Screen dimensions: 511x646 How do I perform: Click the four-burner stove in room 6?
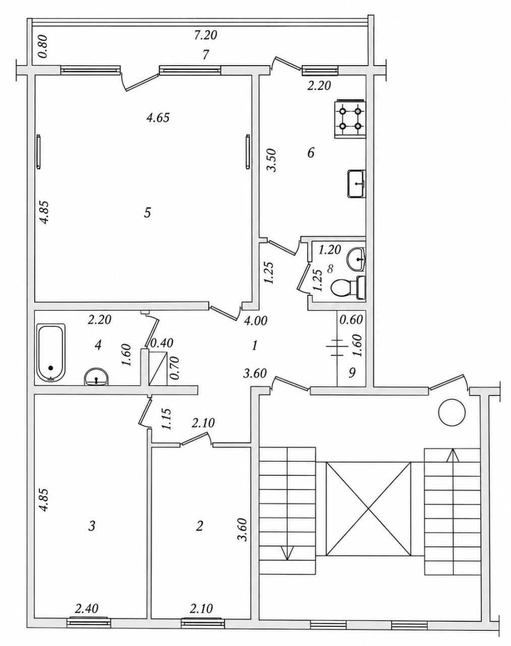coord(350,119)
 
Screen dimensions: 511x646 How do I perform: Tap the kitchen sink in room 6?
coord(357,183)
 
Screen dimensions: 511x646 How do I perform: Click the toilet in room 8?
coord(348,288)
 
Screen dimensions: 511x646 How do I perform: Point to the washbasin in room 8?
coord(356,258)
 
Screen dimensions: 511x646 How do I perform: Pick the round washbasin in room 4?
coord(96,377)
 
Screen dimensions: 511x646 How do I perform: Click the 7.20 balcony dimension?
coord(205,35)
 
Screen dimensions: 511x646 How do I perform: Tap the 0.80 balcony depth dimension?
coord(43,46)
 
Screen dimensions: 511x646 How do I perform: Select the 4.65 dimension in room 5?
coord(158,118)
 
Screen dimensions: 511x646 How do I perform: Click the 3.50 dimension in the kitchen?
coord(273,160)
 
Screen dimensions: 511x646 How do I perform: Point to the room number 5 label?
coord(147,213)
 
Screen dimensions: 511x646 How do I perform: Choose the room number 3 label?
coord(92,525)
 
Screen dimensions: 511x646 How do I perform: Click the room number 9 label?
coord(352,372)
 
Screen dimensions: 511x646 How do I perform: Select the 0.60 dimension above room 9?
coord(351,319)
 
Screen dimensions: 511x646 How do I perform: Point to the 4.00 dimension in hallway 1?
coord(255,321)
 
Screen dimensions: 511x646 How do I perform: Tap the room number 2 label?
coord(200,525)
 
